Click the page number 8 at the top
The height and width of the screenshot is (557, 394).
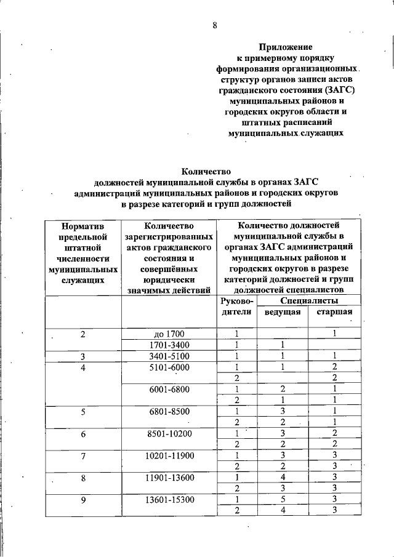pos(215,25)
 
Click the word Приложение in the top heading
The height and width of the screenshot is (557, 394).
pos(285,47)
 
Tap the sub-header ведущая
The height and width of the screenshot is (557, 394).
pos(282,312)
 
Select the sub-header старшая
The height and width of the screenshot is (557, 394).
pos(334,312)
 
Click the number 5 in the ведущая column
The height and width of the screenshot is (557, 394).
pos(281,500)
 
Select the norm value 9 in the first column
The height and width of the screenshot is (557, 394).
pos(82,500)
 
